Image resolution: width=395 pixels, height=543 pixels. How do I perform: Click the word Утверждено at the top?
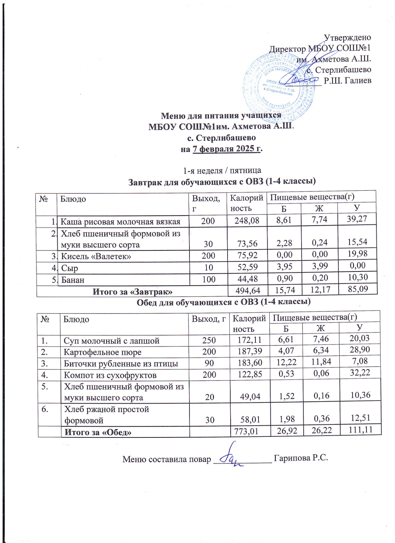click(347, 37)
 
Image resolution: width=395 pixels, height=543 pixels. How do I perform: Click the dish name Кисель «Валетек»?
click(96, 256)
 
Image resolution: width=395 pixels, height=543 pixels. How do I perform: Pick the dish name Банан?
click(73, 280)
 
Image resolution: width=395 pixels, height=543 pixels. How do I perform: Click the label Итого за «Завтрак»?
click(133, 292)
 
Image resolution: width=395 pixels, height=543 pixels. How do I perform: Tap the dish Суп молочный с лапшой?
click(112, 341)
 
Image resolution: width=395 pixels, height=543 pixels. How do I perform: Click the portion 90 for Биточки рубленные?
click(209, 363)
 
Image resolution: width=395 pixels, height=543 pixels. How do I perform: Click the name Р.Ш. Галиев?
click(347, 81)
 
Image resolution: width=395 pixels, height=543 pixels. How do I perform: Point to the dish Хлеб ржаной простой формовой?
click(107, 415)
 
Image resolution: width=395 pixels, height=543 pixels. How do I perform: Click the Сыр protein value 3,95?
click(285, 267)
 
